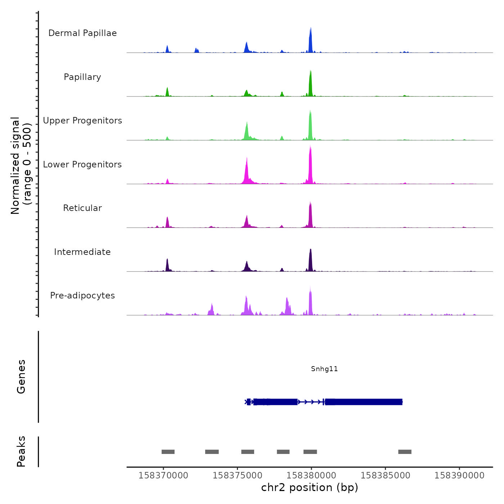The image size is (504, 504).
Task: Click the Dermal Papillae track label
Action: pos(82,33)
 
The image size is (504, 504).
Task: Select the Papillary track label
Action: pos(82,77)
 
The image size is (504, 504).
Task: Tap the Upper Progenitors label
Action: pos(82,121)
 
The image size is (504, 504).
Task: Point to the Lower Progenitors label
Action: pos(82,165)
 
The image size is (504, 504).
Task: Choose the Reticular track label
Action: pos(82,208)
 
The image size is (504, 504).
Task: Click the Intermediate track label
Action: pos(82,252)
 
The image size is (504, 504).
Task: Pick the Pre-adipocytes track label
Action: pos(82,296)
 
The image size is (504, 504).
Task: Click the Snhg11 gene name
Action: pos(324,369)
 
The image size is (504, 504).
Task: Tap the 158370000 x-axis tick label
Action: pos(163,476)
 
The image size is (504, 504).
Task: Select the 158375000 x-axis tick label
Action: pos(237,476)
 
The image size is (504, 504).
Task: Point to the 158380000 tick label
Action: pos(311,476)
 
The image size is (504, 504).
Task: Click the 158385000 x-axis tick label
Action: pos(385,476)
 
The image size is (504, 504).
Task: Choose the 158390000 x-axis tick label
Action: pos(459,476)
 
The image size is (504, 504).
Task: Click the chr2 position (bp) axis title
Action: pos(310,487)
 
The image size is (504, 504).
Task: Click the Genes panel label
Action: pos(21,377)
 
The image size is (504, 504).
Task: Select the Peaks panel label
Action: pos(21,451)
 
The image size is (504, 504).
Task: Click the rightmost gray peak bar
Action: pos(405,452)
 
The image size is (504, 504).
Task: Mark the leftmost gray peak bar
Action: pos(168,452)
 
